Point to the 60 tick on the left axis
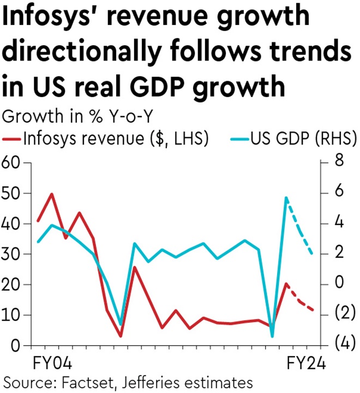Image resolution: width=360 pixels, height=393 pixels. tap(12, 163)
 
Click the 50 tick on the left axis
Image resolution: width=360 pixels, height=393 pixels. tap(12, 194)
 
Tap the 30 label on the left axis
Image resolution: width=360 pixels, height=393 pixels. tap(12, 255)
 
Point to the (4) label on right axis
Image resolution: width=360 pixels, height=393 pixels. tap(341, 344)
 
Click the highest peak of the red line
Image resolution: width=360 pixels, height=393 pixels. tap(52, 194)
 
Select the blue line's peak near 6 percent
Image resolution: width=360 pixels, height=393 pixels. tap(286, 197)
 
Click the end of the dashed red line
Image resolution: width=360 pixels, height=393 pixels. tap(313, 310)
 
